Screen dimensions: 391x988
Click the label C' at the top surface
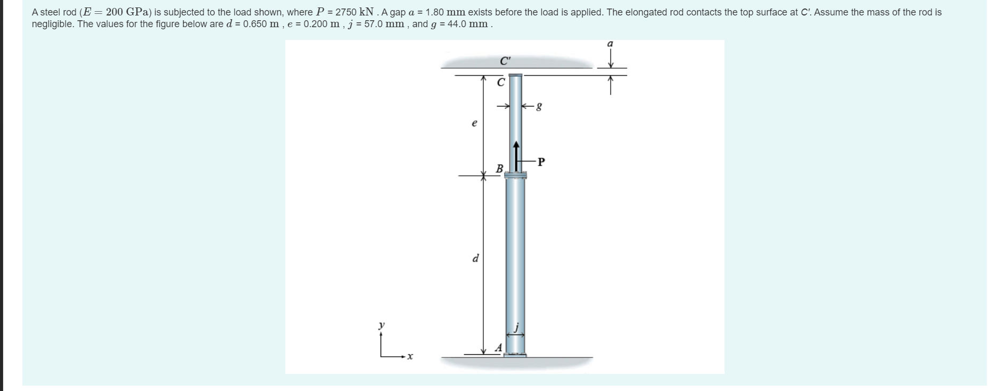[505, 60]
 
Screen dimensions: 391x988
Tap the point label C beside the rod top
[500, 83]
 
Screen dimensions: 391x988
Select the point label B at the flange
[499, 169]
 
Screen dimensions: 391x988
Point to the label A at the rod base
[498, 348]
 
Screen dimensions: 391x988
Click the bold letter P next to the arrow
[541, 162]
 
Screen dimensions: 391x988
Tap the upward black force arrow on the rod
[516, 154]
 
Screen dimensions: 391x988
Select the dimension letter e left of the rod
[474, 124]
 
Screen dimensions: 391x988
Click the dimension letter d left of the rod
[475, 259]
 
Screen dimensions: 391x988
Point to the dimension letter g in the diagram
[539, 107]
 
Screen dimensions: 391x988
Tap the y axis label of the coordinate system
[381, 324]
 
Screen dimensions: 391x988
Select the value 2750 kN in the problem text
[357, 12]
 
